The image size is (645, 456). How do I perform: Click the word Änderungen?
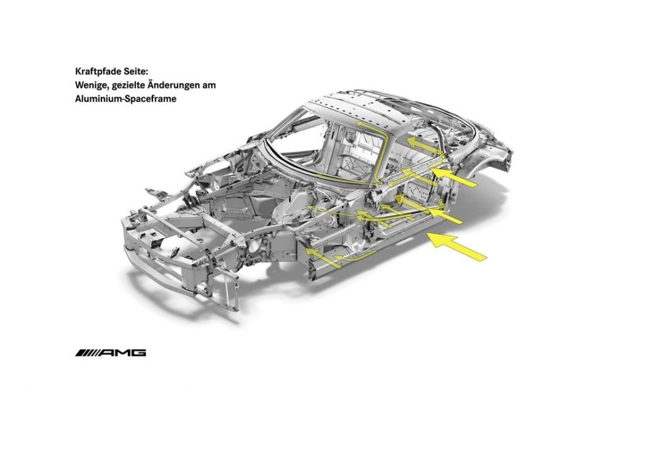[173, 85]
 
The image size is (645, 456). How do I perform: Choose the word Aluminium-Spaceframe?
[126, 99]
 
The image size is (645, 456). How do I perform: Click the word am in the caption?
[209, 86]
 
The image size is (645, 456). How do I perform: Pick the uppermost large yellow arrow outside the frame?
[454, 176]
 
